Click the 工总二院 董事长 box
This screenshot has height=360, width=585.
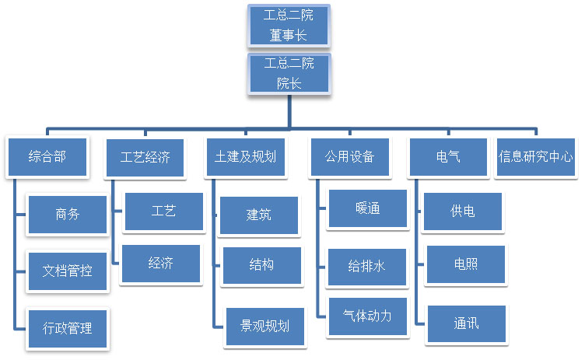287,25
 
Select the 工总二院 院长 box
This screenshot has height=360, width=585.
289,73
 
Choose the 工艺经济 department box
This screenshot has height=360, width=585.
145,156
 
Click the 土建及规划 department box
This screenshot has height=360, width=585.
246,156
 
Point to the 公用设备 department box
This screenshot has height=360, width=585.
349,156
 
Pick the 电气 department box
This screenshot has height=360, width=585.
448,156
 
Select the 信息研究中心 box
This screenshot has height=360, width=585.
536,156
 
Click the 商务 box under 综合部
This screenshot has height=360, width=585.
68,214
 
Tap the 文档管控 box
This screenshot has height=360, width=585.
68,271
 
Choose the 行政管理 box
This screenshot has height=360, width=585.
68,327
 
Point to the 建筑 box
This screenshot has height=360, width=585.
259,215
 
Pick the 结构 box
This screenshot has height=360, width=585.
261,265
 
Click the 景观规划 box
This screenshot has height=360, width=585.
264,325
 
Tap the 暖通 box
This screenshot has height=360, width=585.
368,209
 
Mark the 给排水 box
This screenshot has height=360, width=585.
367,267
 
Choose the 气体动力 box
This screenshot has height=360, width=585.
368,316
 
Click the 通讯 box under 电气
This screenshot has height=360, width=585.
466,323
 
